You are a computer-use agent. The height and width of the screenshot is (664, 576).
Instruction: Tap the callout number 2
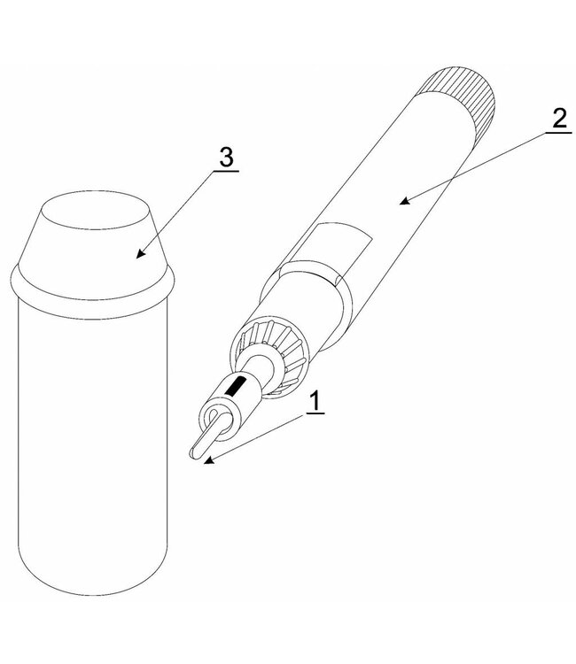pos(559,118)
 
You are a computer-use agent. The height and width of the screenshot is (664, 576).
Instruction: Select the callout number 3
pos(226,157)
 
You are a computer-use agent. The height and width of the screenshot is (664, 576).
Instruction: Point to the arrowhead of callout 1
pos(207,460)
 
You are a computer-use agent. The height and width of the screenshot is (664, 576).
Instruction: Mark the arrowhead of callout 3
pos(140,253)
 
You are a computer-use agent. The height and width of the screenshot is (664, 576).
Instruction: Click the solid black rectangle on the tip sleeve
pos(235,386)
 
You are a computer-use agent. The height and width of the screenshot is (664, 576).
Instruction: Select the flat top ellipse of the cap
pos(97,210)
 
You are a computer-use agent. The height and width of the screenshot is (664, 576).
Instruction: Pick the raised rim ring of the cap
pos(91,292)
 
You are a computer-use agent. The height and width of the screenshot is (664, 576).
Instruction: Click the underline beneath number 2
pos(558,133)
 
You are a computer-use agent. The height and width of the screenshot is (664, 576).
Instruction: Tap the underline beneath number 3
pos(226,171)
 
